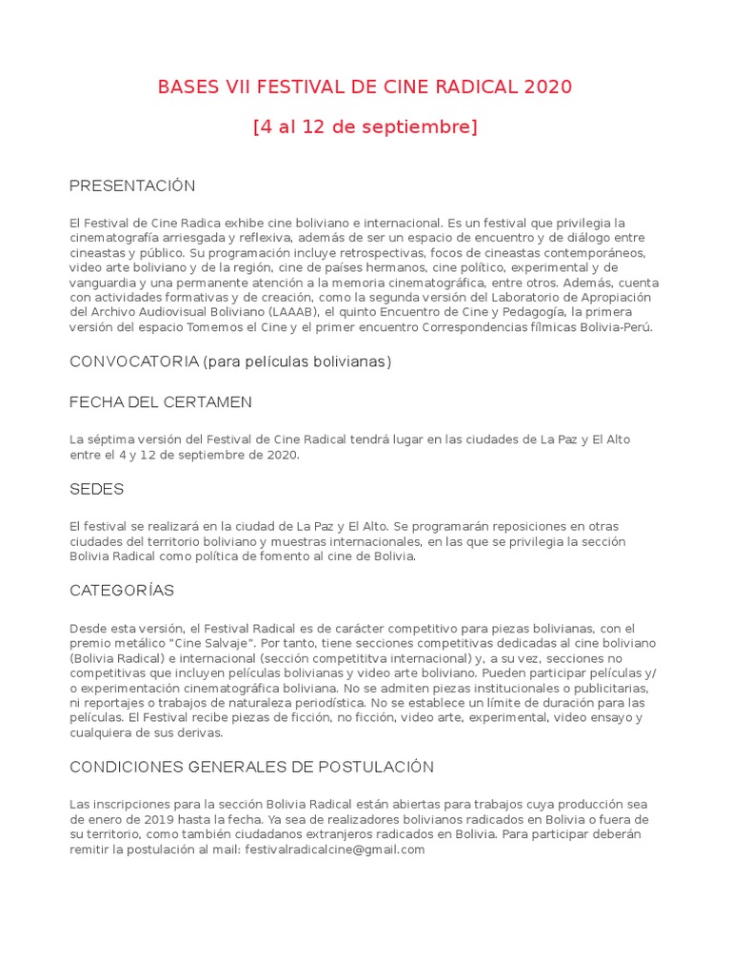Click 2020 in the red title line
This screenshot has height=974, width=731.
[x=547, y=88]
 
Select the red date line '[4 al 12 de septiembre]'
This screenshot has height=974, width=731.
[x=365, y=127]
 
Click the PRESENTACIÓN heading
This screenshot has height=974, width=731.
[x=132, y=185]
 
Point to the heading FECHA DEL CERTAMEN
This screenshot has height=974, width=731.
[x=161, y=402]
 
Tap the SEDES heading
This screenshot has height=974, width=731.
[x=97, y=490]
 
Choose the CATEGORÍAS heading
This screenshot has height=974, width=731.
[x=122, y=591]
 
